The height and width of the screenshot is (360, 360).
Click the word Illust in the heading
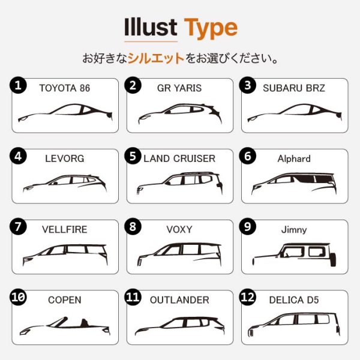[x=150, y=28]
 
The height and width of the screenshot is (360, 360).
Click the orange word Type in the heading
[x=210, y=28]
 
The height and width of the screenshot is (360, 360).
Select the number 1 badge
[x=19, y=86]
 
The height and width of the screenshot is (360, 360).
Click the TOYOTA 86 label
[x=64, y=88]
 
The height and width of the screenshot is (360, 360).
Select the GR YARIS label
[x=179, y=88]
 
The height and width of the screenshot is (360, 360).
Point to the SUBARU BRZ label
[x=294, y=88]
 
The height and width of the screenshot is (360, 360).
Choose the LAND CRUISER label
[x=179, y=159]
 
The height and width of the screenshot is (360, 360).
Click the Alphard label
[x=294, y=159]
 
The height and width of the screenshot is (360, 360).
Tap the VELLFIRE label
[x=64, y=230]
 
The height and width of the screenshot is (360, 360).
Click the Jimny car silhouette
[x=294, y=254]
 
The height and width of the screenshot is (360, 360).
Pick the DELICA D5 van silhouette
[x=294, y=324]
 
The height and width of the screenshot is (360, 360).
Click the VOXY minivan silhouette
[x=179, y=254]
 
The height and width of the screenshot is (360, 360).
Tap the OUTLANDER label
[x=179, y=300]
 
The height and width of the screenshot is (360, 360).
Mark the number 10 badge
[x=19, y=298]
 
